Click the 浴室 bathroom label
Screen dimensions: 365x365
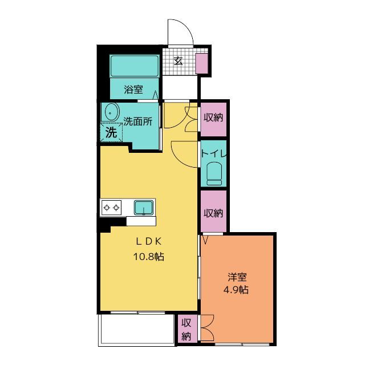[x=133, y=90]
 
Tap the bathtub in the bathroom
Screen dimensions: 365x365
[x=135, y=66]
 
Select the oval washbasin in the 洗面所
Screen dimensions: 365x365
[x=112, y=112]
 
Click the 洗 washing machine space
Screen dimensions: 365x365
[x=111, y=132]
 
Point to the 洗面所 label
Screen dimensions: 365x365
[x=138, y=121]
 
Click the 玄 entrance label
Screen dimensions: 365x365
[x=179, y=61]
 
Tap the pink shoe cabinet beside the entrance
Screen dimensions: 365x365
[x=201, y=63]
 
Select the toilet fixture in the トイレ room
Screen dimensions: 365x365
[x=214, y=173]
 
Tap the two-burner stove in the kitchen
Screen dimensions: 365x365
[x=112, y=208]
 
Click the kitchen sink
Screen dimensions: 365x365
[x=144, y=208]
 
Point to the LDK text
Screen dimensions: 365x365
[x=149, y=242]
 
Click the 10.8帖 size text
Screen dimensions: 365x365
[x=148, y=257]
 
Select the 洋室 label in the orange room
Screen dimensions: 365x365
[x=237, y=277]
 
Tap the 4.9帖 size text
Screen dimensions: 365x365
[x=236, y=290]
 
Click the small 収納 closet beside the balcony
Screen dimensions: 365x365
[x=186, y=329]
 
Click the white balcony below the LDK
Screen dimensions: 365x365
[x=137, y=330]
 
